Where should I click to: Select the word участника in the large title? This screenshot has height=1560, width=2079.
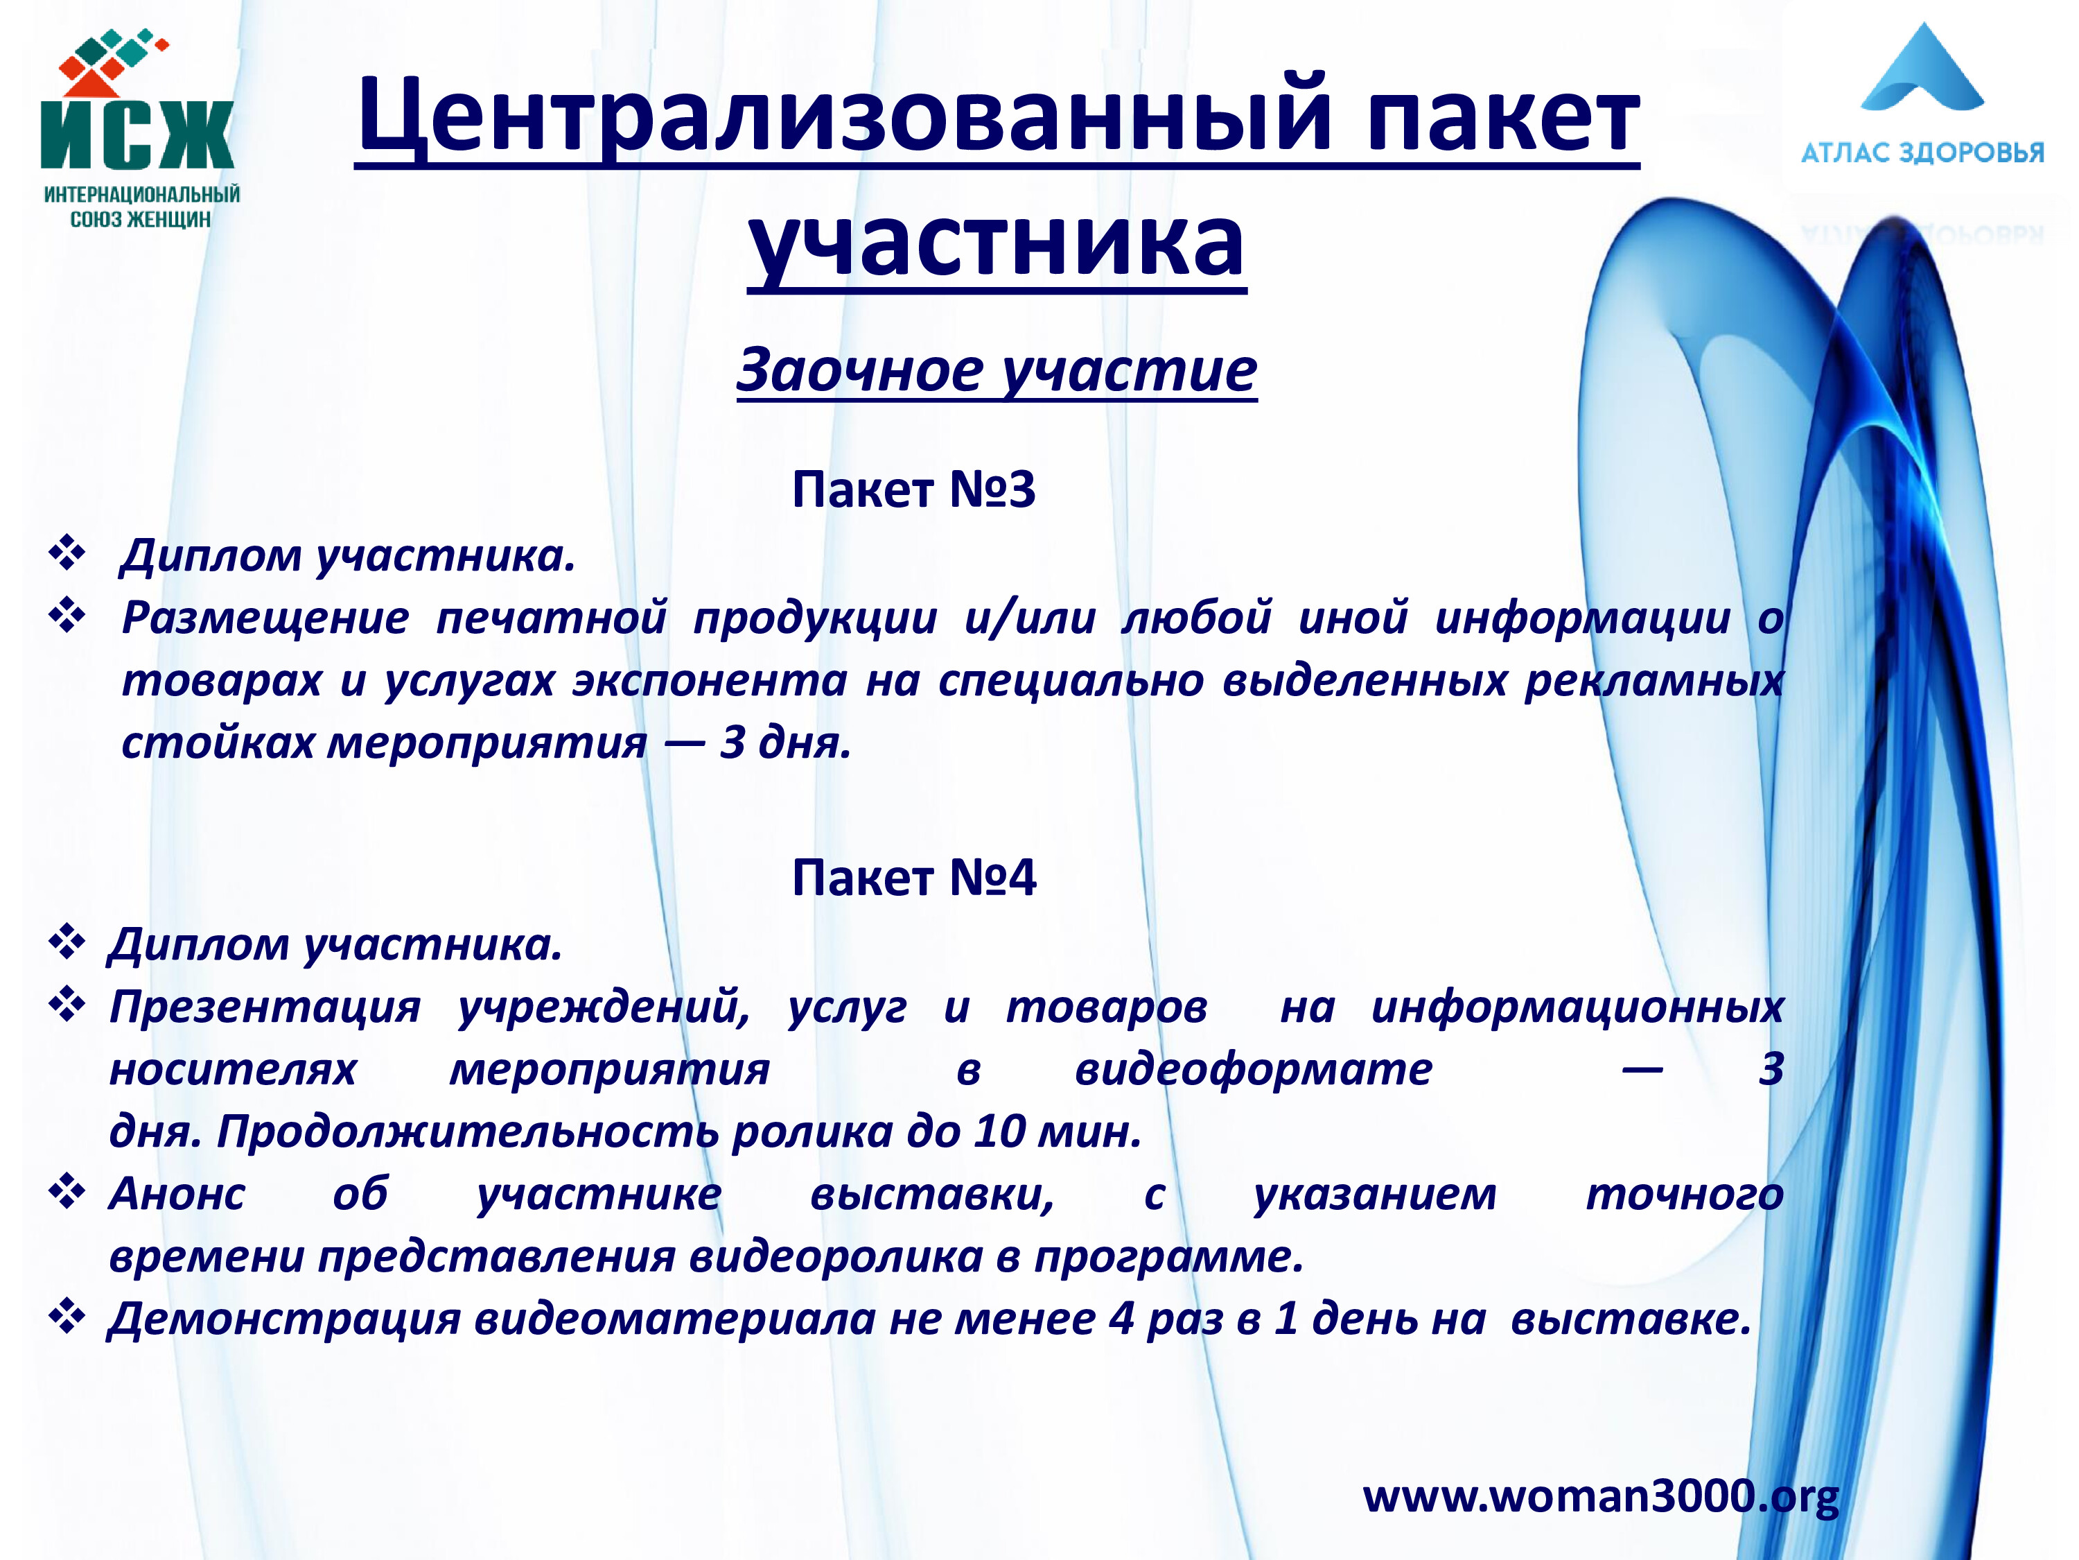pyautogui.click(x=997, y=243)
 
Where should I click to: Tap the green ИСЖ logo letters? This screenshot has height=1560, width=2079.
pyautogui.click(x=137, y=135)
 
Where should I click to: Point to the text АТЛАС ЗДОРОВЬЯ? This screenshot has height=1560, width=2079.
pyautogui.click(x=1922, y=153)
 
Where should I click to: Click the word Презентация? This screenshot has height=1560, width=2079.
pyautogui.click(x=265, y=1007)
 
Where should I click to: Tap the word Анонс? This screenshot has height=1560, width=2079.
pyautogui.click(x=177, y=1194)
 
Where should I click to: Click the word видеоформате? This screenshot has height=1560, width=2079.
pyautogui.click(x=1253, y=1069)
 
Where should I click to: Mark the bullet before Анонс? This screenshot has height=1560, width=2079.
pyautogui.click(x=67, y=1193)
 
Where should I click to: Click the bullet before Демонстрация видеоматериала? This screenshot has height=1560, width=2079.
pyautogui.click(x=67, y=1317)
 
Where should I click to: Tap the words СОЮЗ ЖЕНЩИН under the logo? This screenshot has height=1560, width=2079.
pyautogui.click(x=141, y=220)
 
